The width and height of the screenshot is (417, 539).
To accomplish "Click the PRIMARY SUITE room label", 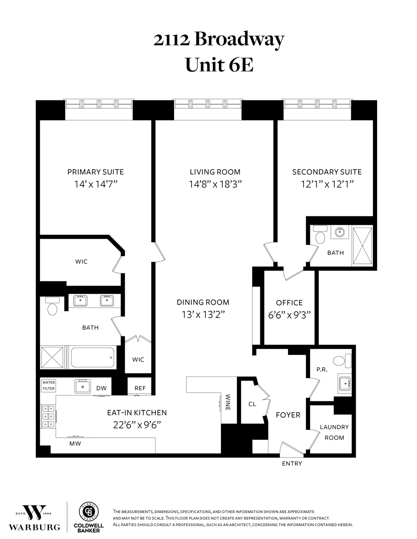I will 95,172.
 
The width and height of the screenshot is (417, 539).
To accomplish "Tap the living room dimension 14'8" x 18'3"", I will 215,184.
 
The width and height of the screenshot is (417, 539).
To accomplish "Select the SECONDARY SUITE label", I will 327,172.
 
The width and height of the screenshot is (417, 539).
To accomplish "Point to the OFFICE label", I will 289,303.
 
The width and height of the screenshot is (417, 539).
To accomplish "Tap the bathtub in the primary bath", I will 92,358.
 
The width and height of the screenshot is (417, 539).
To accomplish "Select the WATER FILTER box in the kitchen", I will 49,385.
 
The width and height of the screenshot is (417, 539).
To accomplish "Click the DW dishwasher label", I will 101,388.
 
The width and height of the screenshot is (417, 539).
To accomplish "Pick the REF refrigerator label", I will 140,388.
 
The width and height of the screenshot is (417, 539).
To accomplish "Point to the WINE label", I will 228,402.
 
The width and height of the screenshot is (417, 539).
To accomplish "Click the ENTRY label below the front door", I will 292,463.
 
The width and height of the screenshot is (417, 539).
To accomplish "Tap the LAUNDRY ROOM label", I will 334,432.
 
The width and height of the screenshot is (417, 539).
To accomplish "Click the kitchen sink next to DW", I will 83,386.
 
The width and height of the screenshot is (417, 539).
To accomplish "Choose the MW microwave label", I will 75,443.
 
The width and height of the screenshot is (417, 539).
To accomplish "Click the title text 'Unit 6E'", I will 219,65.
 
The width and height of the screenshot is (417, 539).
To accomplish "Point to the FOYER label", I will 288,415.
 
